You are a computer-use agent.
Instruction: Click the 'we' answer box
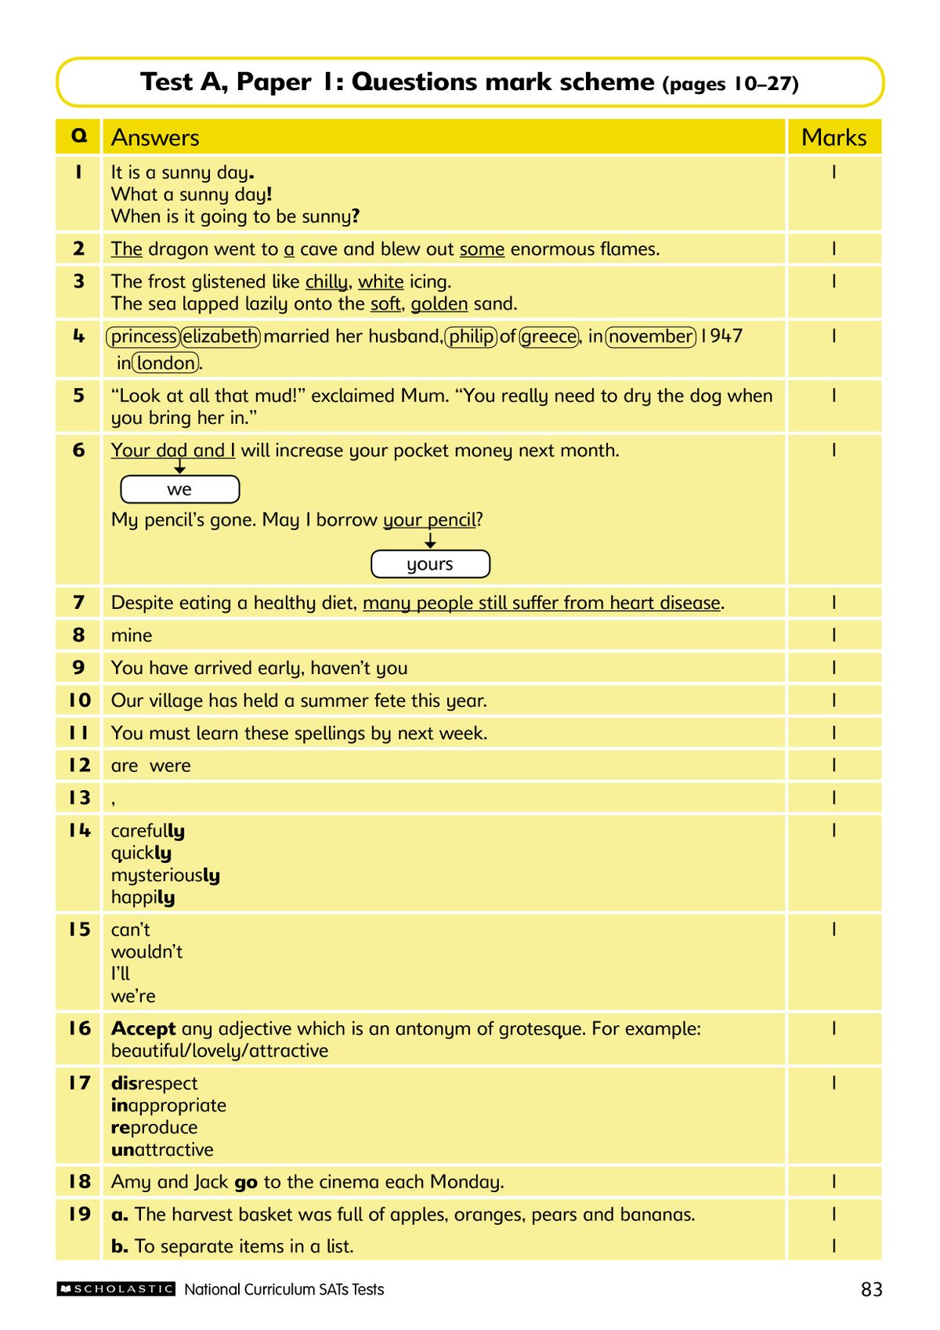179,490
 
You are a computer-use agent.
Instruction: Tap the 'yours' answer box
430,564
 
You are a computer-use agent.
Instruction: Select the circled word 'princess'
143,337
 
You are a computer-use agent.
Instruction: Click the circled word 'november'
651,337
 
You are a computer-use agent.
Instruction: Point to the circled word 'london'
166,363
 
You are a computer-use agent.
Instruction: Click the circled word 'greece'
549,337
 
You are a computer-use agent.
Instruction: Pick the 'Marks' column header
833,138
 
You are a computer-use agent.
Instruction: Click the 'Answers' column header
155,138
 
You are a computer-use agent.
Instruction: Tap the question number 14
79,830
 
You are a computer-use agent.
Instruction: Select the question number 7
78,602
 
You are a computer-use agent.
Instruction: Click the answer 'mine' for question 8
132,636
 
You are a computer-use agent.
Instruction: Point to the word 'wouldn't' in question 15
146,951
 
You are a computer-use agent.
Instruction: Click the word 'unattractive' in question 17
162,1150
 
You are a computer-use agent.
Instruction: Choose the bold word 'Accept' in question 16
143,1028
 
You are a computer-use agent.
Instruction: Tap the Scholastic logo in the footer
116,1288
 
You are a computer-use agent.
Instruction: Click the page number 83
871,1289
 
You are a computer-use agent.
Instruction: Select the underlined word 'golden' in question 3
439,304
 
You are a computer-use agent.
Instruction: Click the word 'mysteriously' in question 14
165,875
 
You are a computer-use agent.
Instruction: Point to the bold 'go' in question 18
246,1182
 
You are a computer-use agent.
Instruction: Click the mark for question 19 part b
833,1245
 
